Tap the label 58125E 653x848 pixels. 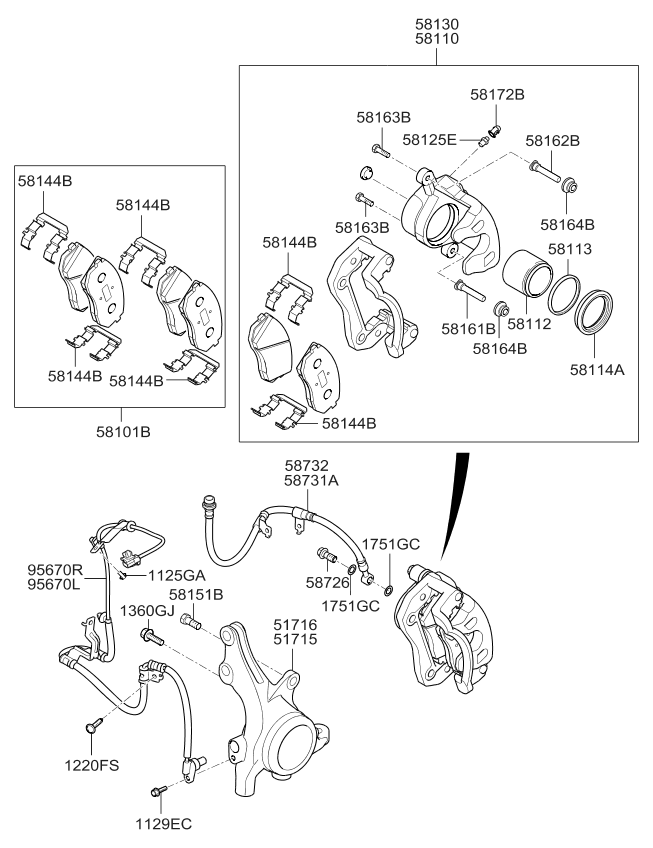tap(431, 139)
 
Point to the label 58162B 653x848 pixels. tap(552, 141)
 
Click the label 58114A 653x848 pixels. tap(596, 369)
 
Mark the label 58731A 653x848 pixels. tap(312, 481)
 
